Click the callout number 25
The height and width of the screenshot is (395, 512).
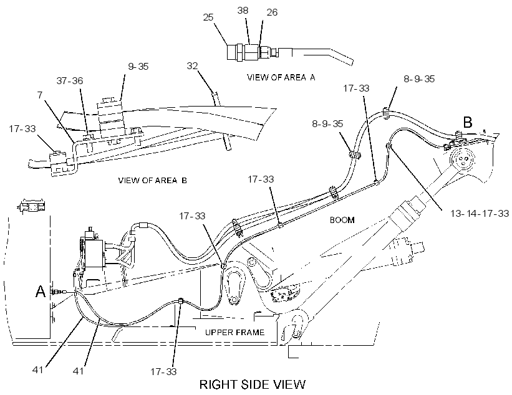coord(208,17)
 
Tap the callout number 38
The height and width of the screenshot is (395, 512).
coord(243,11)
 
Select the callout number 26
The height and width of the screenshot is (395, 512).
coord(272,12)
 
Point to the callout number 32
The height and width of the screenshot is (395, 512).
coord(192,66)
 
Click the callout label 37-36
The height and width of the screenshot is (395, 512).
coord(70,80)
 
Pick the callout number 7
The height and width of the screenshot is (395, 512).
coord(40,95)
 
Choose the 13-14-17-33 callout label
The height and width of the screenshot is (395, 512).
coord(480,213)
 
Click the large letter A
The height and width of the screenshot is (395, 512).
coord(41,292)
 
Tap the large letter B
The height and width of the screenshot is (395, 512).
coord(468,122)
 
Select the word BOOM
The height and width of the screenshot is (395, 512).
coord(342,220)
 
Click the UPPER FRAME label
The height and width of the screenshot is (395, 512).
coord(234,332)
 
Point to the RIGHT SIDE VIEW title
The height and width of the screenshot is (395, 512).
coord(253,384)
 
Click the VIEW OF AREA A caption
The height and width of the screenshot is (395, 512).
coord(281,77)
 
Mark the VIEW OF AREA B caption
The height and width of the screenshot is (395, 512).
coord(153,180)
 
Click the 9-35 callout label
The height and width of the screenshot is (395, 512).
coord(138,67)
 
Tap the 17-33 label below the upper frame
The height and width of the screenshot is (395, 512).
coord(163,371)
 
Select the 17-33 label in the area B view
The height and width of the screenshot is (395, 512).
coord(22,128)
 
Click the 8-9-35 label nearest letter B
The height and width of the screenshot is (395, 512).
coord(419,79)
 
